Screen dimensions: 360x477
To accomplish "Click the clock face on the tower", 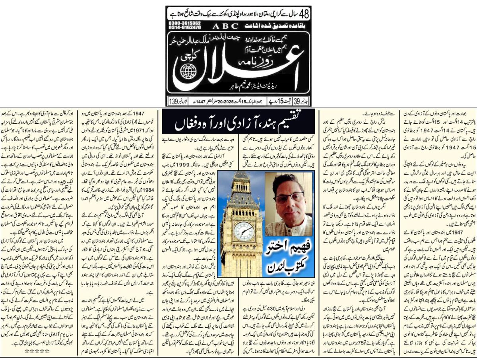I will point(243,231).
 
